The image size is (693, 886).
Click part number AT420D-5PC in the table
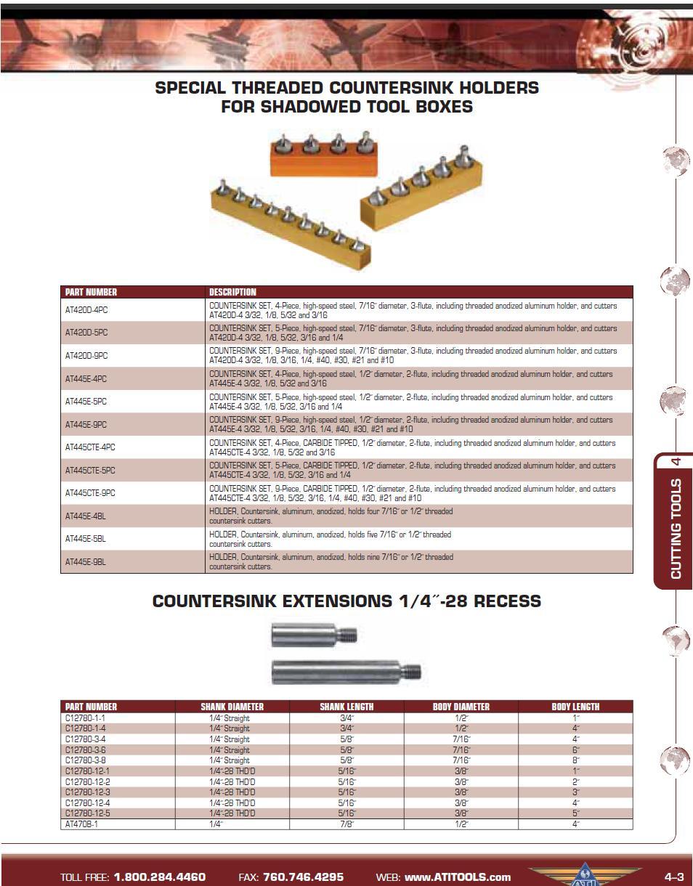pos(86,333)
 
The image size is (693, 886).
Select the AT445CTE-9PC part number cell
pos(90,493)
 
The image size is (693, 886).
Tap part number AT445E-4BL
pos(86,516)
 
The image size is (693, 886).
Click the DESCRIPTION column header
pos(232,292)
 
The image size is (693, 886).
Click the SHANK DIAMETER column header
pos(232,707)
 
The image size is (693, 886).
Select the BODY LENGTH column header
pos(575,707)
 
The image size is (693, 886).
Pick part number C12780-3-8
pos(86,760)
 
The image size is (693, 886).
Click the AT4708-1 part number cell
pos(81,824)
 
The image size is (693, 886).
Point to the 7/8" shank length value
pos(346,824)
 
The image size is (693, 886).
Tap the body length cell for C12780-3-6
pos(575,749)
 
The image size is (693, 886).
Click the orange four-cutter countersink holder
pos(324,155)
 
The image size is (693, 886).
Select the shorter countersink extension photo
pos(314,635)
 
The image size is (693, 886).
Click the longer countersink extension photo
pos(346,670)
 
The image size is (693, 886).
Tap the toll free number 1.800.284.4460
pos(159,877)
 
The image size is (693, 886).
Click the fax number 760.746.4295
pos(303,877)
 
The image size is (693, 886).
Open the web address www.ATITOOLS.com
pos(458,877)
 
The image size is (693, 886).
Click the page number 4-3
pos(673,877)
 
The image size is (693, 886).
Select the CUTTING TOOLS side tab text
pos(676,528)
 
